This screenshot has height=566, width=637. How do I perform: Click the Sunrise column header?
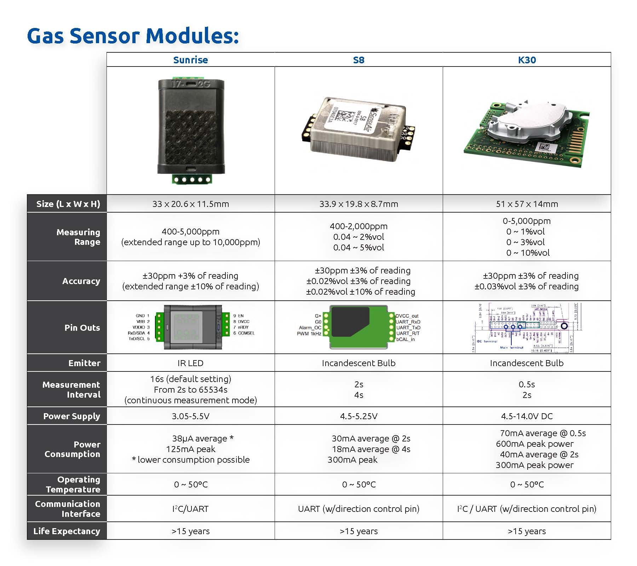[x=190, y=60]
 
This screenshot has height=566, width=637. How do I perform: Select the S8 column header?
[x=358, y=60]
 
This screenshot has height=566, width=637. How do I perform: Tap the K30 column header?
[x=527, y=60]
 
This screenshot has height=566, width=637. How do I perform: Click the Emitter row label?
[x=84, y=363]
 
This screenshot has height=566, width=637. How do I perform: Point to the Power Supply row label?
[x=71, y=416]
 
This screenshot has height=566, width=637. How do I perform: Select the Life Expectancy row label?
[x=67, y=531]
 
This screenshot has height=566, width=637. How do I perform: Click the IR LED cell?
[x=190, y=363]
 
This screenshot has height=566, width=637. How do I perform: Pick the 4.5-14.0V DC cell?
[x=527, y=416]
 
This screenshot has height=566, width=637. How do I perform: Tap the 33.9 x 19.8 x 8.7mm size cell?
[x=358, y=204]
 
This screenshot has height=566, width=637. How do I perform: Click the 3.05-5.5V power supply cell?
[x=190, y=416]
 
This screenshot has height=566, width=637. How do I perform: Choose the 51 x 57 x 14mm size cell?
[x=527, y=204]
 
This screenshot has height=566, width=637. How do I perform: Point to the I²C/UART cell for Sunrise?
[x=190, y=509]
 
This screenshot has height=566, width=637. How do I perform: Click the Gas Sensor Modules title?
[x=133, y=36]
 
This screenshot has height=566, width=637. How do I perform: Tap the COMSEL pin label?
[x=246, y=333]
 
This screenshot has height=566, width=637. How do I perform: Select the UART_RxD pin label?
[x=408, y=322]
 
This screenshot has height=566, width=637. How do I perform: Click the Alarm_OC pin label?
[x=310, y=328]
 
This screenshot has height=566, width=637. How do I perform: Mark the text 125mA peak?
[x=190, y=449]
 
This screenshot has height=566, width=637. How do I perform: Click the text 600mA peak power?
[x=534, y=444]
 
